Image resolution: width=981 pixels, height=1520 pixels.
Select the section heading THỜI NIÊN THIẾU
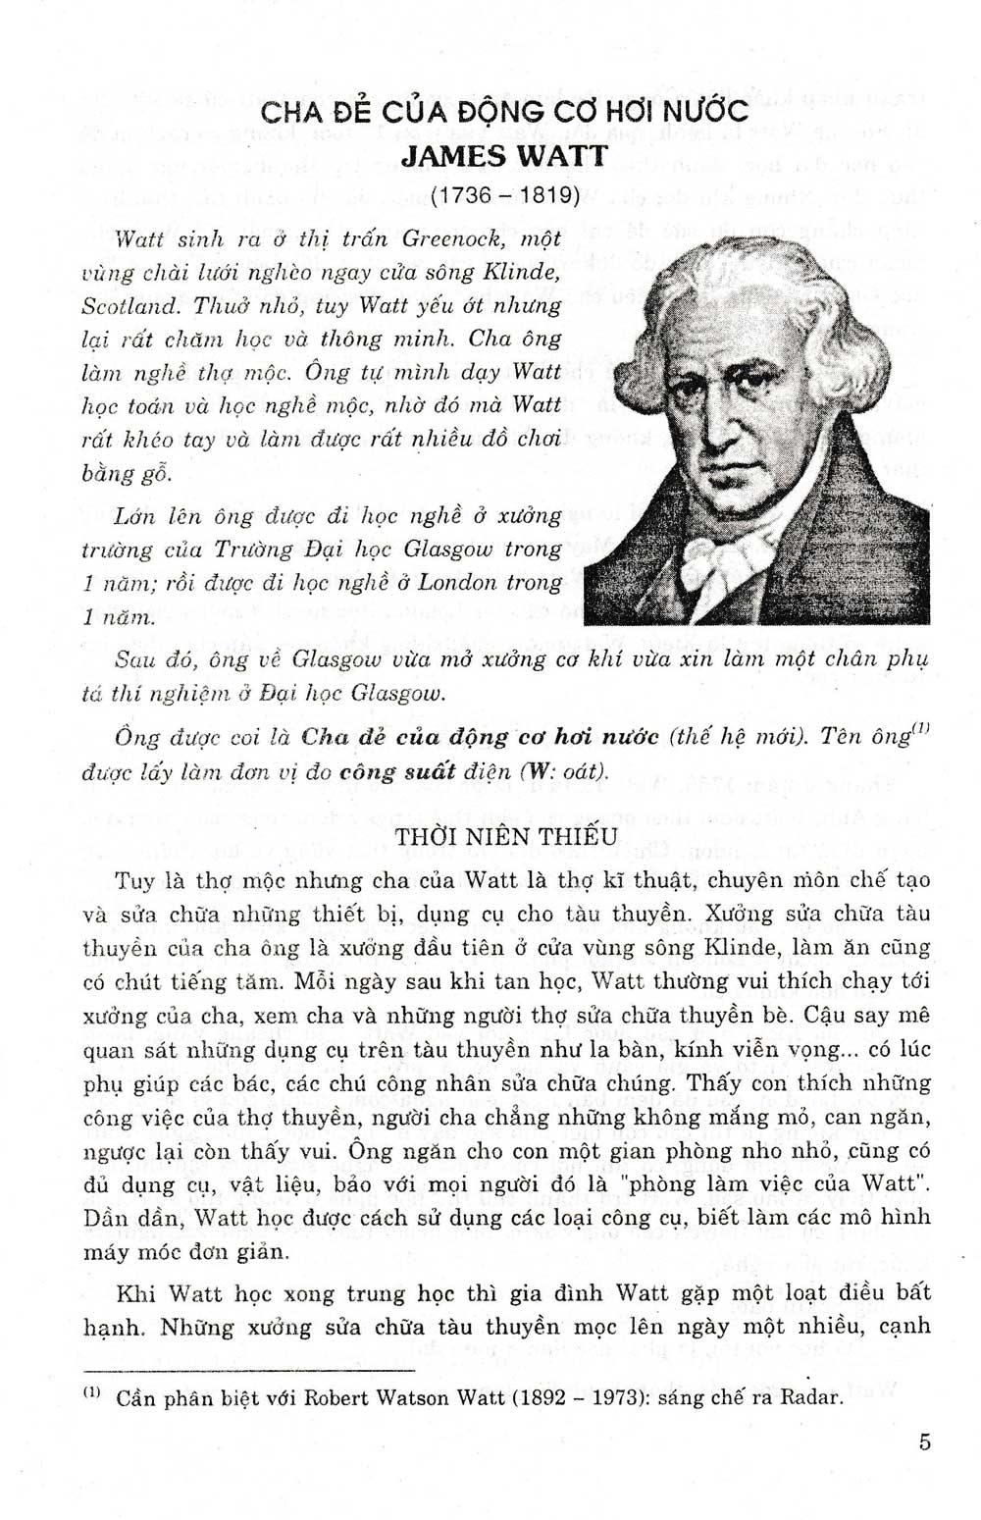pyautogui.click(x=505, y=836)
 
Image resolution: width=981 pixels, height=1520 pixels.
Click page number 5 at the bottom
pyautogui.click(x=924, y=1441)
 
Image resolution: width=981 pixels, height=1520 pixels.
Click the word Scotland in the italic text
pyautogui.click(x=130, y=305)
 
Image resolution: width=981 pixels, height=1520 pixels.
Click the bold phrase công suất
pyautogui.click(x=396, y=771)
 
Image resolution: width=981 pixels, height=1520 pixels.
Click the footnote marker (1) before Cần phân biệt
pyautogui.click(x=92, y=1392)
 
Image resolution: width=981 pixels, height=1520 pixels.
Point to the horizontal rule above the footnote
pyautogui.click(x=249, y=1369)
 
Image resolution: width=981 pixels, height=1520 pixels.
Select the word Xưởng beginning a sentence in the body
pyautogui.click(x=730, y=914)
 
